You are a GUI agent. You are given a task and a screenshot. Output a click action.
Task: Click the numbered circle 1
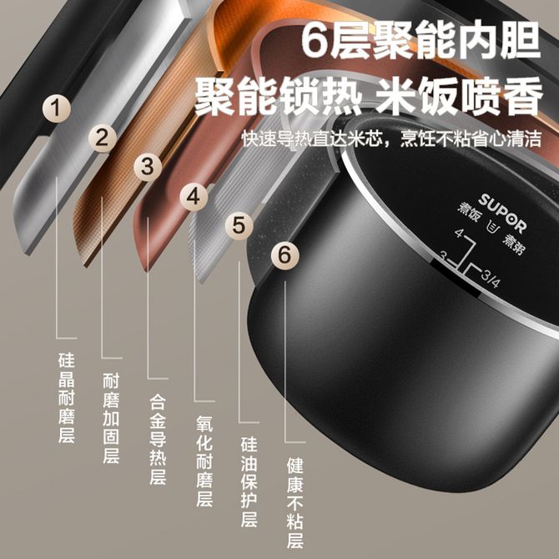point(57,108)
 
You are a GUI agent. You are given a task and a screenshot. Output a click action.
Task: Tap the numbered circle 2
point(103,138)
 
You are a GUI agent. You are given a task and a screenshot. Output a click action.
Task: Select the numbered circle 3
point(148,167)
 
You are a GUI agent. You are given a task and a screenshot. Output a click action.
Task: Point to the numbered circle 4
point(194,196)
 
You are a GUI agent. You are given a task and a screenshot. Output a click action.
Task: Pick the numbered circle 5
point(239,225)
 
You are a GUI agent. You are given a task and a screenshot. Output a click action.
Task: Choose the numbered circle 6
point(285,255)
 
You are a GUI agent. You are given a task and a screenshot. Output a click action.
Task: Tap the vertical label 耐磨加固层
point(111,418)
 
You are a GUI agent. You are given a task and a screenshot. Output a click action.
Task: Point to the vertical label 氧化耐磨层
point(204,461)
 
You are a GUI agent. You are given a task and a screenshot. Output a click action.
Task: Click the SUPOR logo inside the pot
point(502,214)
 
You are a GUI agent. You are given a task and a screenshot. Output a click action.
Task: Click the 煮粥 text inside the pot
point(513,245)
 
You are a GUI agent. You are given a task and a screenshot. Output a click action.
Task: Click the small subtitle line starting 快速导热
point(392,138)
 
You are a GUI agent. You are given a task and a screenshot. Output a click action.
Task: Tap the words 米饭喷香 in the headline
point(460,97)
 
